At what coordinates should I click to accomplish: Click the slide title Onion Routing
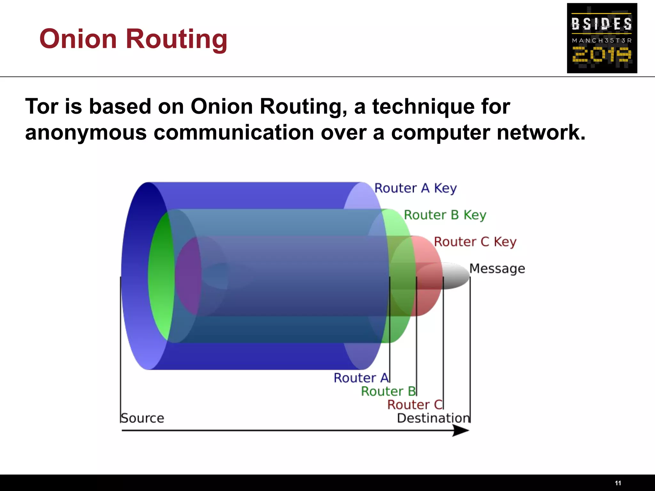pyautogui.click(x=133, y=39)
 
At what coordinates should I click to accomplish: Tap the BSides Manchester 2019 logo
pyautogui.click(x=602, y=38)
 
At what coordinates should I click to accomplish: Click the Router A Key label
pyautogui.click(x=415, y=188)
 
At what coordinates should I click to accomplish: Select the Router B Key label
pyautogui.click(x=445, y=215)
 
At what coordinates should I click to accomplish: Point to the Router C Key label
pyautogui.click(x=475, y=242)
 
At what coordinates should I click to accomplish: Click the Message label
pyautogui.click(x=497, y=269)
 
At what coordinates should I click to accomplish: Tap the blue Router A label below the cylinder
pyautogui.click(x=361, y=378)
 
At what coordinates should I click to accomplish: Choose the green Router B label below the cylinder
pyautogui.click(x=388, y=391)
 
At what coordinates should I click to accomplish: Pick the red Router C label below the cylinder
pyautogui.click(x=414, y=405)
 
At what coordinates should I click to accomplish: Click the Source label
pyautogui.click(x=142, y=418)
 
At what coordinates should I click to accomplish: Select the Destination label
pyautogui.click(x=433, y=418)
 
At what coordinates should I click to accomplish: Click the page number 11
pyautogui.click(x=618, y=483)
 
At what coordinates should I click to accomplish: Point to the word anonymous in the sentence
pyautogui.click(x=86, y=133)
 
